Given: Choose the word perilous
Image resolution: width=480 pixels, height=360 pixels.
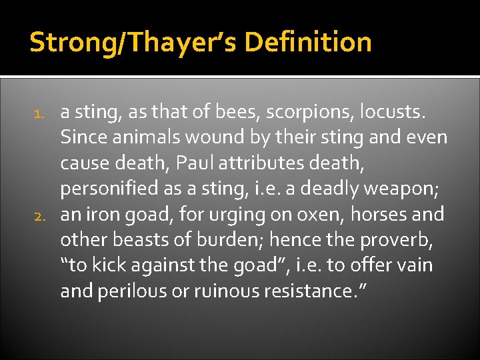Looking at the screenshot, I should [x=129, y=291].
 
